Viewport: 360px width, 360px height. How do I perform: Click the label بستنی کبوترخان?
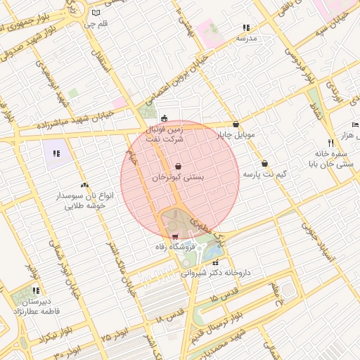click(179, 179)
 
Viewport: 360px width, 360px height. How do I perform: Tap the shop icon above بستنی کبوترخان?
click(179, 166)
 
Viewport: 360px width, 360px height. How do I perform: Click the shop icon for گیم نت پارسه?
click(264, 163)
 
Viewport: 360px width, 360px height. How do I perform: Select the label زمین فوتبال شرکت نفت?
click(163, 134)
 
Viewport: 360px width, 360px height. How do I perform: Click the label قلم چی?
click(96, 25)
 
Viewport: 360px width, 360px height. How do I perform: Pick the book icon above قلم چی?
click(96, 13)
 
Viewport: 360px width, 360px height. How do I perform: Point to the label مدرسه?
click(246, 38)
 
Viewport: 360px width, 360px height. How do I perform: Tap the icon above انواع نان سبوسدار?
click(84, 184)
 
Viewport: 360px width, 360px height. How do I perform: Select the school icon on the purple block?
click(56, 153)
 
